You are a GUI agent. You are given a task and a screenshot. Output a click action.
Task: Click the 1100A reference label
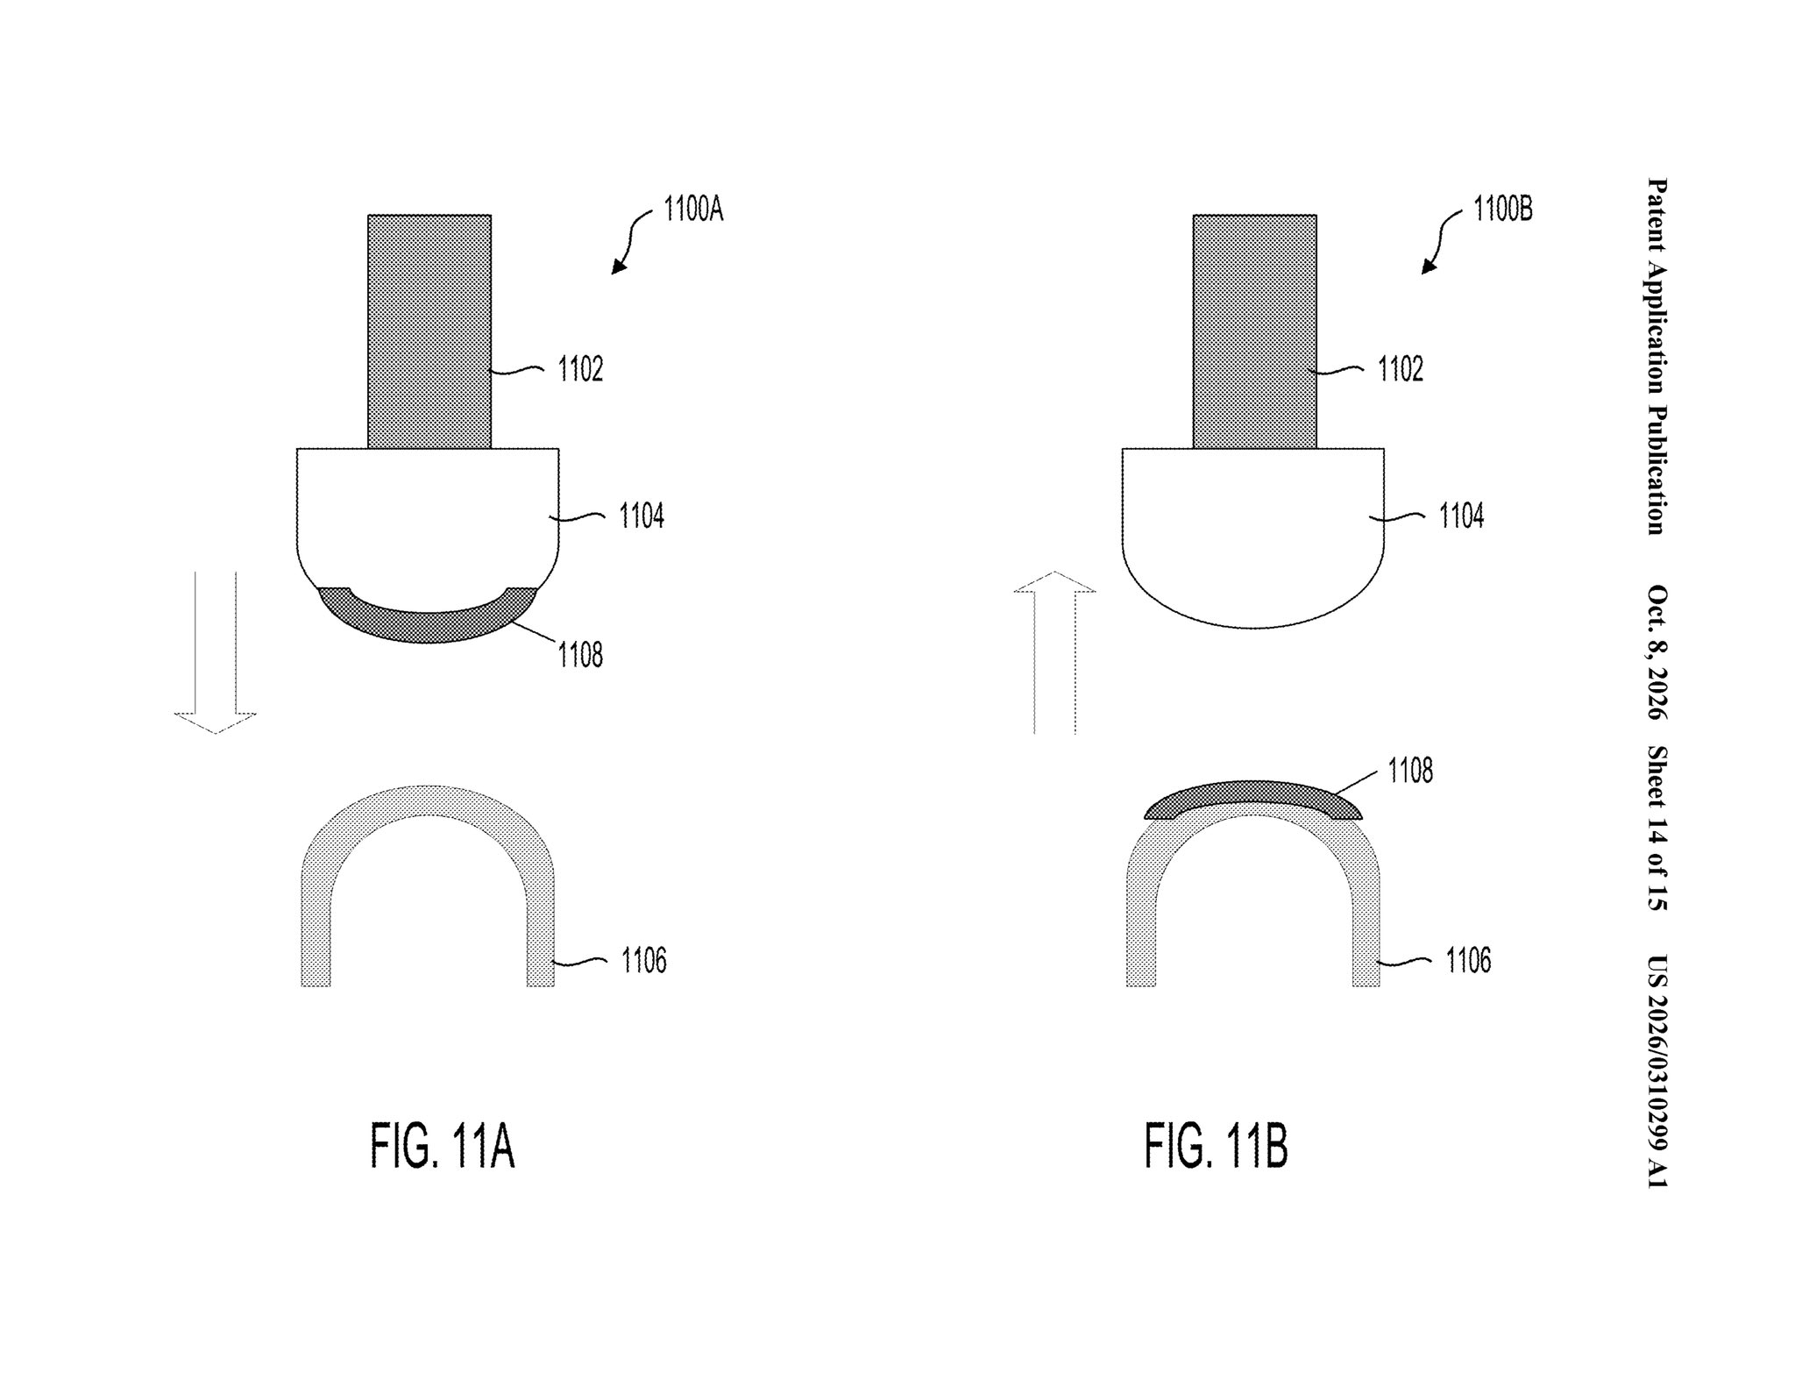(x=693, y=210)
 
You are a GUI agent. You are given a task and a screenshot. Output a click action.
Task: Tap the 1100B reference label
(x=1503, y=210)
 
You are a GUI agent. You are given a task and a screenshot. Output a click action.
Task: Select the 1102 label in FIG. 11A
(x=581, y=370)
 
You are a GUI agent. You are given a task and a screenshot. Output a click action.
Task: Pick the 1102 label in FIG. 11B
(x=1401, y=370)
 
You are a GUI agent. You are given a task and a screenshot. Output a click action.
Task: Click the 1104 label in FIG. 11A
(x=642, y=516)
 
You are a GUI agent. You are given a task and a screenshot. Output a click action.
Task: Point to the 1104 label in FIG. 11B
(x=1461, y=516)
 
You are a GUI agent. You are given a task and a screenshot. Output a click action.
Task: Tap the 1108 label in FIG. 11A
(x=580, y=655)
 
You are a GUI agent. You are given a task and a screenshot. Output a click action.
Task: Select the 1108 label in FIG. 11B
(x=1410, y=771)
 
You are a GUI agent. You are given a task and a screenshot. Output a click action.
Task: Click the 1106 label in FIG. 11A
(x=644, y=961)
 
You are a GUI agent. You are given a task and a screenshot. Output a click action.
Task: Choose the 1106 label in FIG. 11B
(x=1468, y=961)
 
